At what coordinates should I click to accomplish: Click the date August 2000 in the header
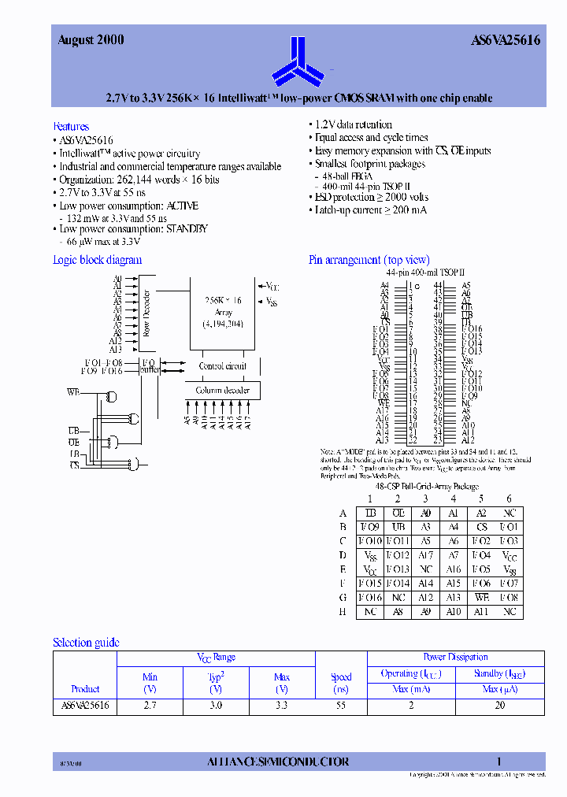pyautogui.click(x=91, y=40)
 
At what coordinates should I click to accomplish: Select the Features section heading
pyautogui.click(x=71, y=126)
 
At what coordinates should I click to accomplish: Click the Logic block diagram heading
pyautogui.click(x=97, y=260)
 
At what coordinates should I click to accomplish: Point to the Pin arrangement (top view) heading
pyautogui.click(x=369, y=260)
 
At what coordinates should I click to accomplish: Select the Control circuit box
pyautogui.click(x=223, y=366)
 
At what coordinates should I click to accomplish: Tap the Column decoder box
pyautogui.click(x=223, y=391)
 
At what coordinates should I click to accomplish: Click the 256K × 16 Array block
pyautogui.click(x=223, y=311)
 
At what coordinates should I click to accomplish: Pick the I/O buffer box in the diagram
pyautogui.click(x=149, y=365)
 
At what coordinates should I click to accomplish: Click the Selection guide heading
pyautogui.click(x=86, y=643)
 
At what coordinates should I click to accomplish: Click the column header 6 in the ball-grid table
pyautogui.click(x=509, y=499)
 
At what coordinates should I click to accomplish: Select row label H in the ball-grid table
pyautogui.click(x=343, y=612)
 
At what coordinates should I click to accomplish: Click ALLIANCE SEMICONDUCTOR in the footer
pyautogui.click(x=277, y=762)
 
